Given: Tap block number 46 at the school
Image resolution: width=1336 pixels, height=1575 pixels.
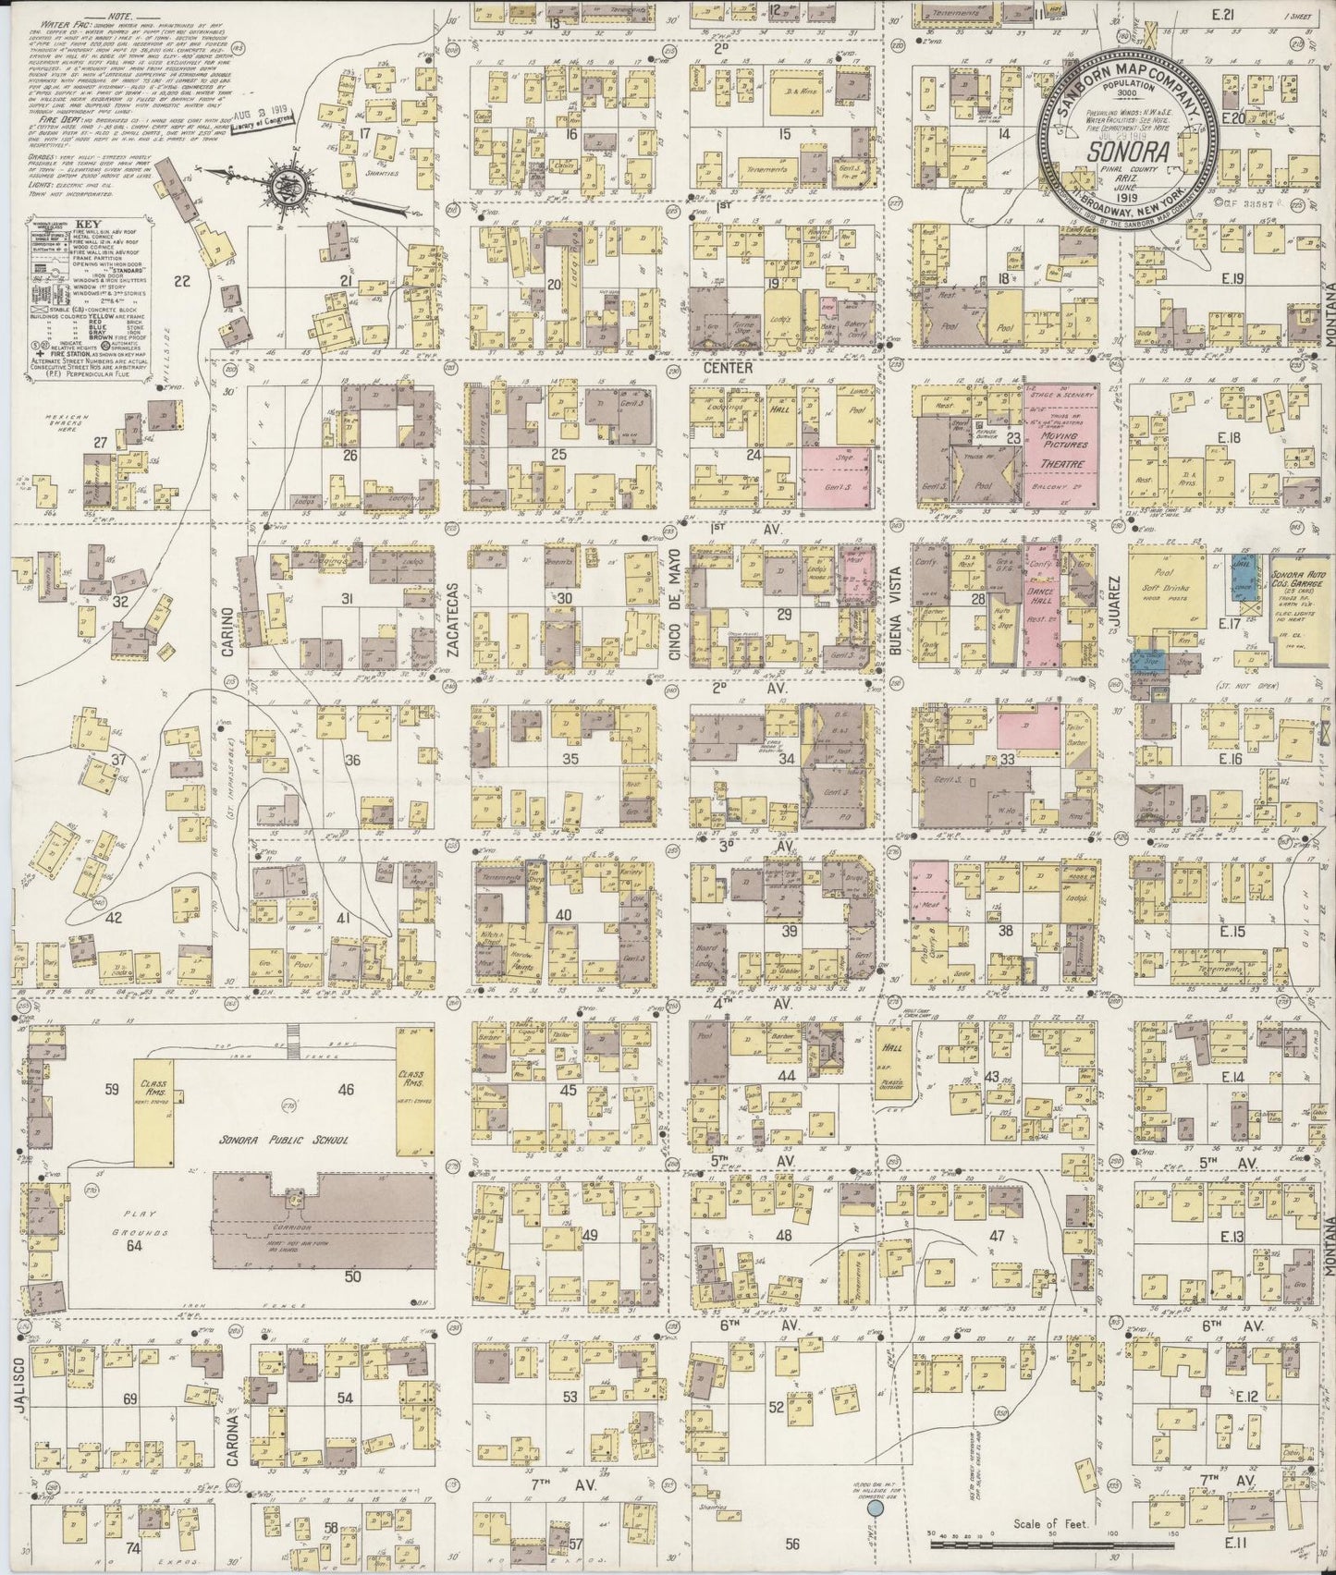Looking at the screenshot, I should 347,1090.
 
